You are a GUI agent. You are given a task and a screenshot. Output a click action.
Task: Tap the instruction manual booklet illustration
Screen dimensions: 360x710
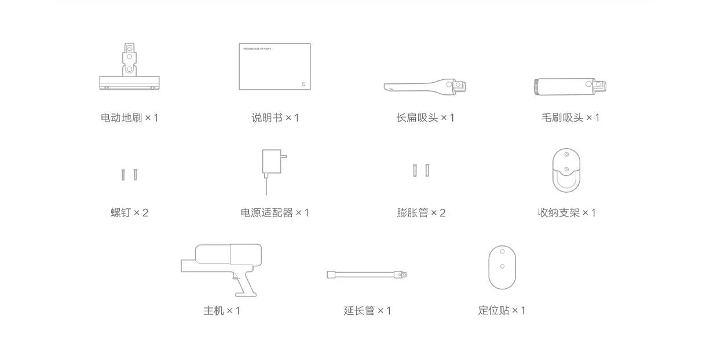[x=275, y=67]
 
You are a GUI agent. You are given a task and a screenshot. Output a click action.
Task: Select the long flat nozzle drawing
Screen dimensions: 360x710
[x=424, y=87]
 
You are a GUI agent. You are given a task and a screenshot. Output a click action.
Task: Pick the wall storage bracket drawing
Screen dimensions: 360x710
[x=566, y=171]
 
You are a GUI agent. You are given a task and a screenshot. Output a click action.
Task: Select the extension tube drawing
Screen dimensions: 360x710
[x=367, y=274]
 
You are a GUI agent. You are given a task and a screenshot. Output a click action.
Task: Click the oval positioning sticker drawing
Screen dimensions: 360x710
[x=502, y=267]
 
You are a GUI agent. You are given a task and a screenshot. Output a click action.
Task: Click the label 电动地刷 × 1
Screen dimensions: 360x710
[x=129, y=118]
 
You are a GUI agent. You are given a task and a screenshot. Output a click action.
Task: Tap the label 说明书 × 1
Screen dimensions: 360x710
[x=275, y=118]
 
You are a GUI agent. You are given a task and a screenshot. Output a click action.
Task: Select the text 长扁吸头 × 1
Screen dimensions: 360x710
[x=425, y=118]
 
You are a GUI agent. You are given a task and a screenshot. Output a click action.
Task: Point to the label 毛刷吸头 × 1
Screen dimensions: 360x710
[x=570, y=118]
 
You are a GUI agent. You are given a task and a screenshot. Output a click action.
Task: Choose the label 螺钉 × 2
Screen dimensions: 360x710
[x=129, y=213]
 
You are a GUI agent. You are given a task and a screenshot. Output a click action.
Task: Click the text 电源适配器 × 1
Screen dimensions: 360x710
[x=275, y=213]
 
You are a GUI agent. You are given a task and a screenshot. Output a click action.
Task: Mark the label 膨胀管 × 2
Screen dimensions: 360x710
[x=421, y=213]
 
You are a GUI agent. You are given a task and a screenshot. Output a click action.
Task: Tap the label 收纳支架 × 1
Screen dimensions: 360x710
[x=566, y=213]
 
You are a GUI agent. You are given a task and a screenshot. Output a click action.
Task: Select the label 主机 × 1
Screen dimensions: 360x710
[x=221, y=311]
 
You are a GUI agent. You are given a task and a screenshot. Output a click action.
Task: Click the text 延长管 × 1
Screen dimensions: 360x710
[x=367, y=311]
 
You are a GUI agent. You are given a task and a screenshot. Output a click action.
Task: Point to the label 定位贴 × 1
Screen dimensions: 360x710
[x=502, y=311]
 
